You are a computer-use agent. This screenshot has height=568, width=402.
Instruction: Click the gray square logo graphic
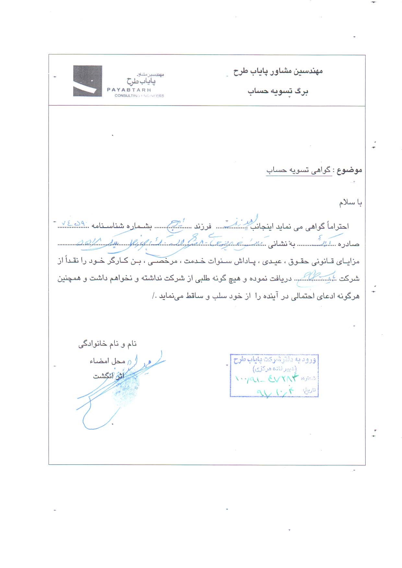tap(87, 81)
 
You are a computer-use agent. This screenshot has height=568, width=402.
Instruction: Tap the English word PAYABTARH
tap(129, 90)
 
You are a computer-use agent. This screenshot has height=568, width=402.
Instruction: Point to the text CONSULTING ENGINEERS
tap(139, 96)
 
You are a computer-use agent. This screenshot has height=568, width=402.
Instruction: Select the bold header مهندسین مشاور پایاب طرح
tap(278, 71)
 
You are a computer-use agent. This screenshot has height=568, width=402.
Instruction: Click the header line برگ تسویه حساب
tap(278, 91)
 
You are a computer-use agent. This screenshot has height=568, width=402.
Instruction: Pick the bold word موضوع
tap(349, 170)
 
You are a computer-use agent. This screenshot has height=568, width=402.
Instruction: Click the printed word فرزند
tap(203, 226)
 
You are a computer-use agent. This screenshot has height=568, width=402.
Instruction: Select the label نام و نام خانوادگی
tap(107, 344)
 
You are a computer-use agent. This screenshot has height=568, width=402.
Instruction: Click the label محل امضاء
tap(107, 361)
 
